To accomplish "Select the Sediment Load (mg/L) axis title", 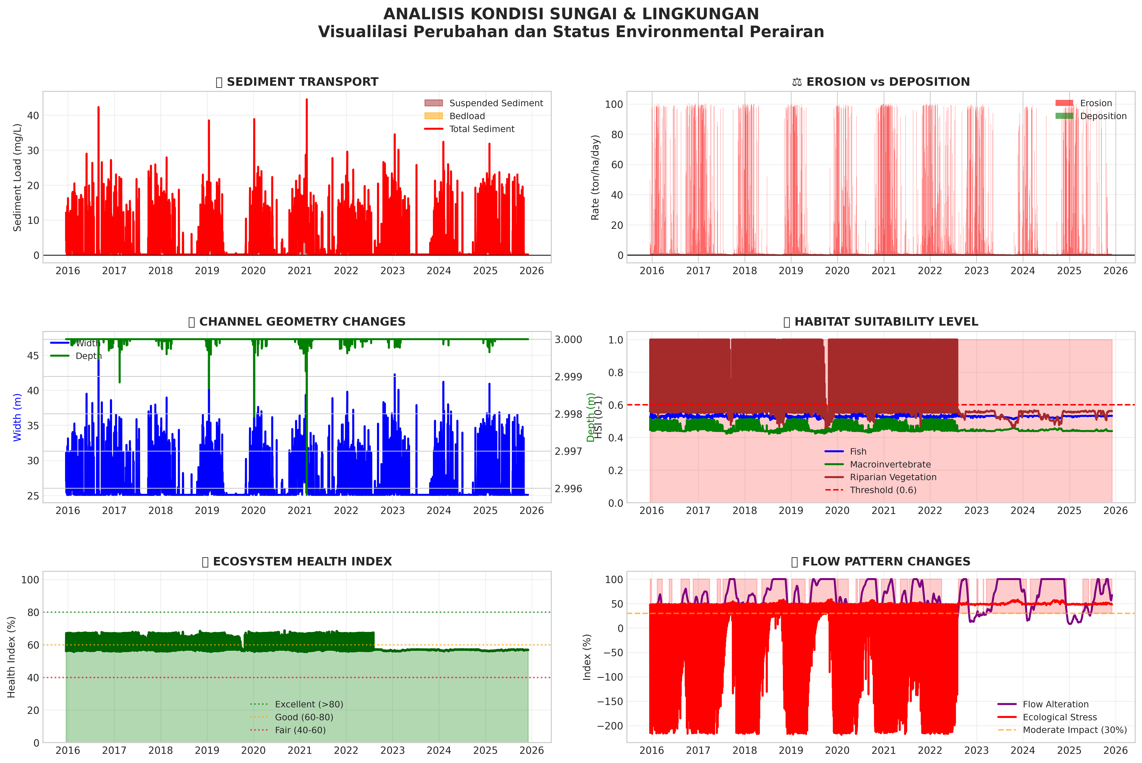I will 18,178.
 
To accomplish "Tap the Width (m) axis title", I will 18,417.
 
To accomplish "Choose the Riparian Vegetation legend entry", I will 893,477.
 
